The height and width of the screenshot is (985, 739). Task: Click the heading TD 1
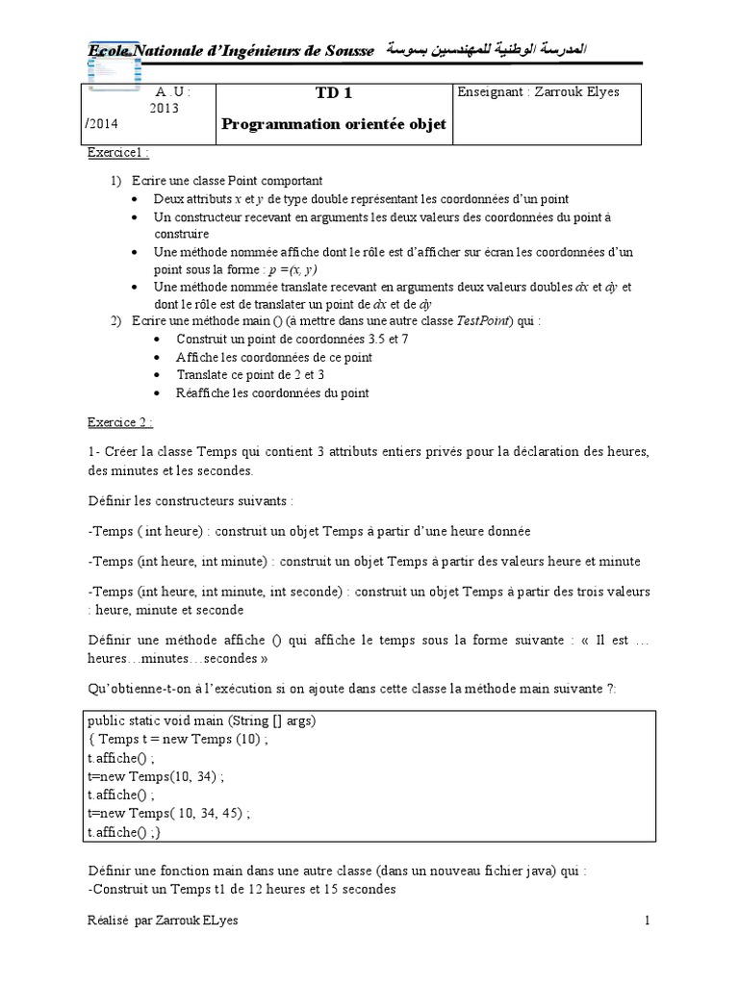point(334,93)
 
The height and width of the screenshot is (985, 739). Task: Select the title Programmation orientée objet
point(334,124)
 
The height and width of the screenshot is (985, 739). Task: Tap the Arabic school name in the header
point(488,48)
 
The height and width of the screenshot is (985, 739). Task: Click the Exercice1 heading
point(118,153)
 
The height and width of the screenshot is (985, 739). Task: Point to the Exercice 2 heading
point(120,421)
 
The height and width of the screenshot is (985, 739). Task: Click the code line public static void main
point(201,721)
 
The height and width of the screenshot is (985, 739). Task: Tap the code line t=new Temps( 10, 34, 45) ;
point(169,813)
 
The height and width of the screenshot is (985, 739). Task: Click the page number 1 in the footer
point(648,921)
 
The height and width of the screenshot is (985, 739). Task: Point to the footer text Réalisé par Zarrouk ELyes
point(163,921)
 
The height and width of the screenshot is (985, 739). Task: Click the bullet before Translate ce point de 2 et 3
point(158,375)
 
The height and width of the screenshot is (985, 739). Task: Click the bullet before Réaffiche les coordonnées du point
point(158,393)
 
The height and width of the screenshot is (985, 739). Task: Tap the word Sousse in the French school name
point(350,49)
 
